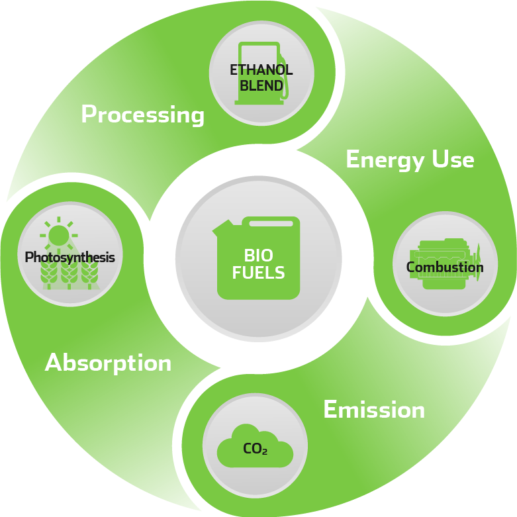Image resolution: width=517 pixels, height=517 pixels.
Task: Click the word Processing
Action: (142, 115)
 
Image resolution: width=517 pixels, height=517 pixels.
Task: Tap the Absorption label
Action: (108, 363)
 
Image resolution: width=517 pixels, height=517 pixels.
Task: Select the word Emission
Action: (374, 410)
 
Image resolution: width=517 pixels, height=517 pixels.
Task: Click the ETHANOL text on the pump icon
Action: (261, 70)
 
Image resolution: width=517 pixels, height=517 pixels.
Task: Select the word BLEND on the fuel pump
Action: (261, 85)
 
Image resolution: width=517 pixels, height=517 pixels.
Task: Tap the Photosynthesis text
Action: (70, 258)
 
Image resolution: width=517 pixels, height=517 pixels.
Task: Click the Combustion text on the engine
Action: (445, 267)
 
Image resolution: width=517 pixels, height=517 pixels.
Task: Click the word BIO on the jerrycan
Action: (258, 256)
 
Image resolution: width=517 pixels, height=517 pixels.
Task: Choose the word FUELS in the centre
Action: (258, 272)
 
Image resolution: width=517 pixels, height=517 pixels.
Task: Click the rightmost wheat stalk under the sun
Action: (89, 275)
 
